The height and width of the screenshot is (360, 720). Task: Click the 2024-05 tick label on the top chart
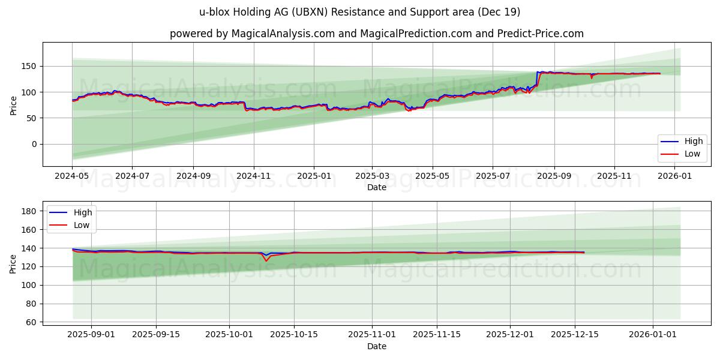(72, 177)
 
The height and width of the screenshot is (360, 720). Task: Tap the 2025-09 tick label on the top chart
(554, 177)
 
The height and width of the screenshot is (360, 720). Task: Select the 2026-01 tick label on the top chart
(675, 177)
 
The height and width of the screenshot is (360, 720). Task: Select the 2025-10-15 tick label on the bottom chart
(294, 334)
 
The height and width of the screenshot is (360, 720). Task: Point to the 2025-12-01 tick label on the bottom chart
(510, 334)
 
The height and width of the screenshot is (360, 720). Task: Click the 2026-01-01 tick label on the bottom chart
(652, 334)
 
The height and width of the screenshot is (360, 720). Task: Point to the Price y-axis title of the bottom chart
(13, 263)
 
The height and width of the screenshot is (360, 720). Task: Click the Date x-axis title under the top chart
(376, 187)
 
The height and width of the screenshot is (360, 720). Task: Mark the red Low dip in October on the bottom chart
(266, 260)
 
